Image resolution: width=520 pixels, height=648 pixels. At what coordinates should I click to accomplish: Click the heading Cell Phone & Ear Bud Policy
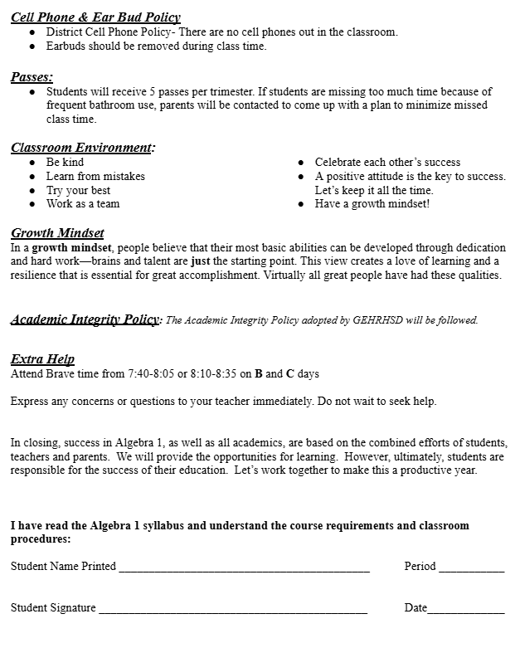pyautogui.click(x=95, y=17)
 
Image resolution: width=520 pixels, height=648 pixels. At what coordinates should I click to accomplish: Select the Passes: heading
pyautogui.click(x=32, y=76)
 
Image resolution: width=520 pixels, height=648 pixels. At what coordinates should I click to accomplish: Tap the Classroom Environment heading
pyautogui.click(x=83, y=148)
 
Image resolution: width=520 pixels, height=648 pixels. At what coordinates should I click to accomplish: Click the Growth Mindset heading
pyautogui.click(x=57, y=233)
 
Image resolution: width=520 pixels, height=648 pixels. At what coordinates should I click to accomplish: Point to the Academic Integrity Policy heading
pyautogui.click(x=85, y=319)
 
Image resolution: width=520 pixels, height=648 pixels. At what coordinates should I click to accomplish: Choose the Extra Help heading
pyautogui.click(x=42, y=359)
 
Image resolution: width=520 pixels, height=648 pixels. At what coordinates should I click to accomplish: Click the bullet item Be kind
pyautogui.click(x=65, y=163)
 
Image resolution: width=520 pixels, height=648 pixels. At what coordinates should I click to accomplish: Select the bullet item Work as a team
pyautogui.click(x=83, y=204)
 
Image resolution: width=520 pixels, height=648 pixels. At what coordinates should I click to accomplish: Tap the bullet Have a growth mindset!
pyautogui.click(x=372, y=204)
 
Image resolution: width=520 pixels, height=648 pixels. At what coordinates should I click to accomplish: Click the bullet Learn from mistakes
pyautogui.click(x=95, y=177)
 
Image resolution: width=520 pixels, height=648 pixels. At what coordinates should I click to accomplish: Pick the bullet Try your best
pyautogui.click(x=78, y=191)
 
